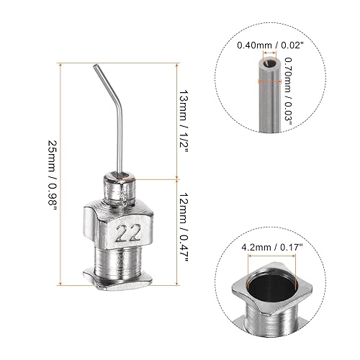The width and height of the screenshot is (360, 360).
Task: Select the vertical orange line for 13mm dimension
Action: [x=178, y=121]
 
